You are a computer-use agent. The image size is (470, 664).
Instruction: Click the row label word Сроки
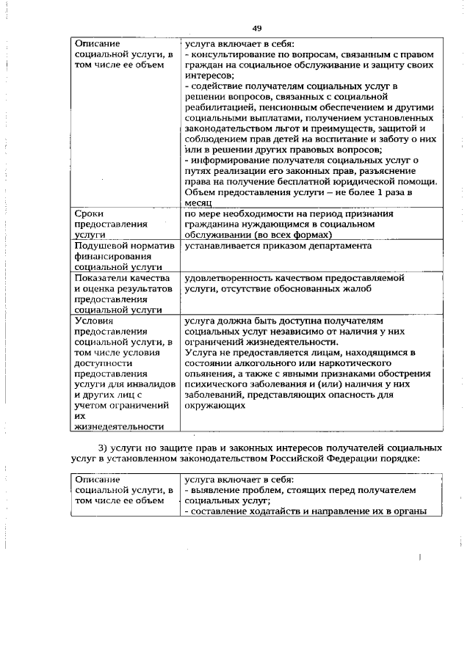point(90,214)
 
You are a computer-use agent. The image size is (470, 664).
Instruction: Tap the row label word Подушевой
point(100,246)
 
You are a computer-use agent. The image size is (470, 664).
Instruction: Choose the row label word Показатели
point(101,279)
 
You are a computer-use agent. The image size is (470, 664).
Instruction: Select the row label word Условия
point(93,321)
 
